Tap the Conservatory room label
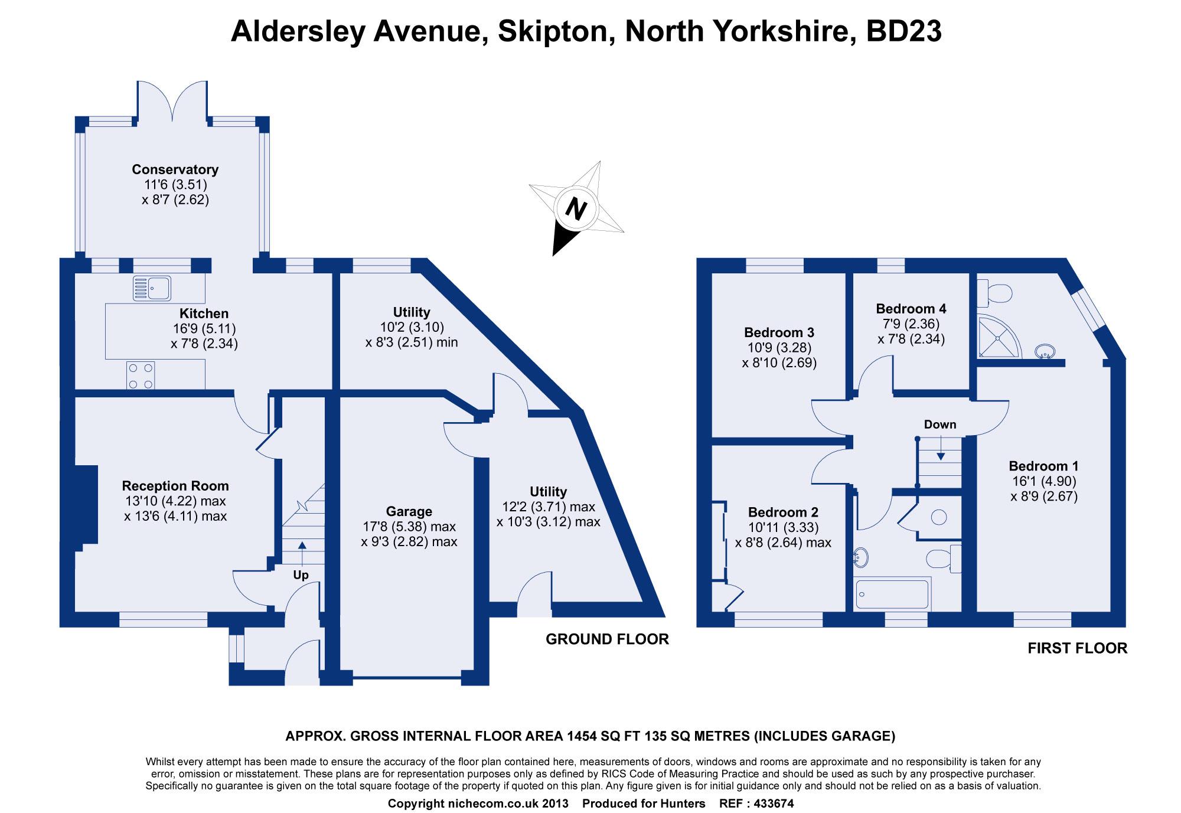[175, 169]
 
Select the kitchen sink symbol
[152, 289]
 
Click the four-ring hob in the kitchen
[141, 376]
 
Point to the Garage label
[409, 511]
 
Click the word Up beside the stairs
[301, 575]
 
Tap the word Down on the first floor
[939, 425]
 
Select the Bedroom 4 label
[911, 309]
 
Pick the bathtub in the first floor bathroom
[892, 593]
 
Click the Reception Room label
[175, 486]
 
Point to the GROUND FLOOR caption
[606, 639]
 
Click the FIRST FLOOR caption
[1077, 648]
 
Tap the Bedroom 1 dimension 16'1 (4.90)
[1043, 481]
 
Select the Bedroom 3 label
[779, 332]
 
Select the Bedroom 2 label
[783, 512]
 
